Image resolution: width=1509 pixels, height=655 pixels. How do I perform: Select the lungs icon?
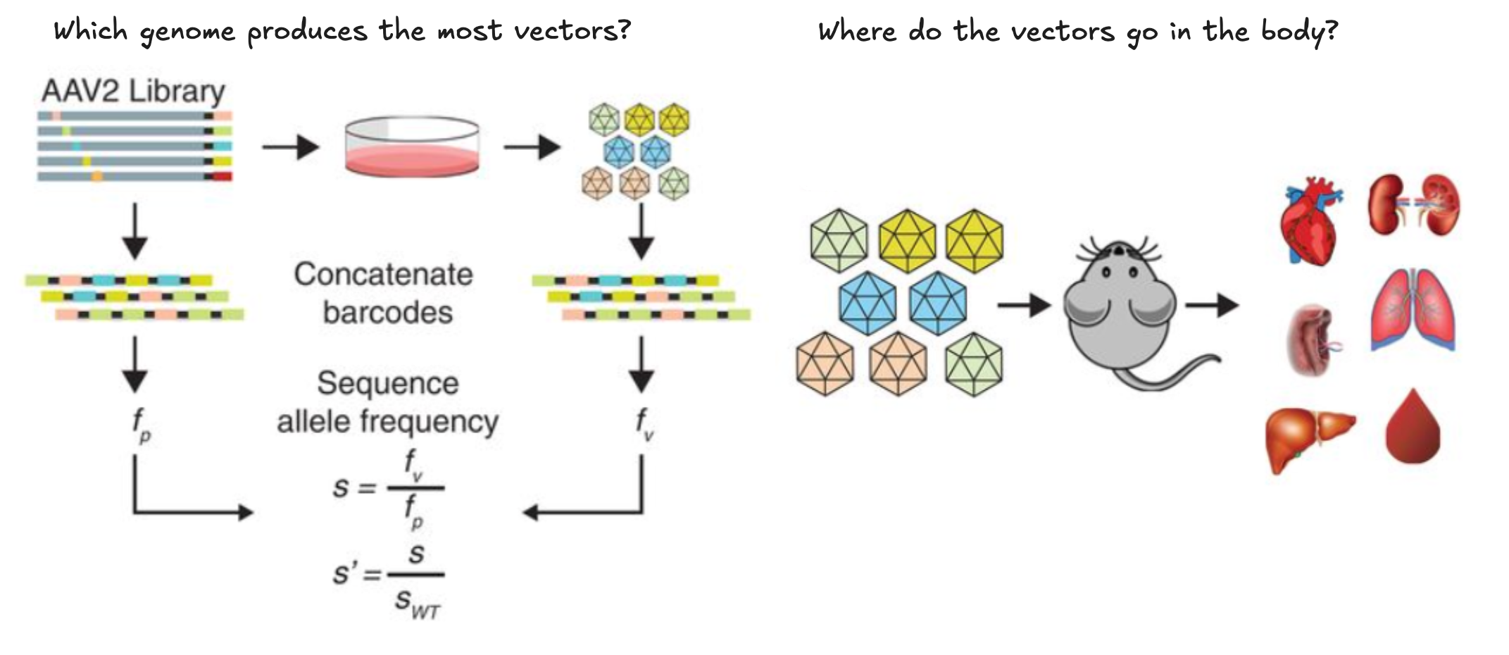(1413, 310)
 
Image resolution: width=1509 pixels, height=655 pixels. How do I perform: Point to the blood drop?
(1413, 428)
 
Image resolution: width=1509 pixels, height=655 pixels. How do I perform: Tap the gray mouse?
(1120, 310)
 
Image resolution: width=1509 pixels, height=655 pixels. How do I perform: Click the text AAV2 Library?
(133, 92)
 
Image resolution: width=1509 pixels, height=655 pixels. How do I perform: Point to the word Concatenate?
(384, 275)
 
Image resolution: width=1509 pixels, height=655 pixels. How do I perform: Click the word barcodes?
(387, 313)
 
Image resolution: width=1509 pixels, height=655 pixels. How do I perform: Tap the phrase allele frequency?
(387, 422)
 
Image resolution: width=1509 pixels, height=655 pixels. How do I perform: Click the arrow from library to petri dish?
(290, 147)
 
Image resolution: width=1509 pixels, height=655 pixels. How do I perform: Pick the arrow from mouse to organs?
(1212, 305)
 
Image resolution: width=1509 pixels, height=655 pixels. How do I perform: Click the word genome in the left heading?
(187, 32)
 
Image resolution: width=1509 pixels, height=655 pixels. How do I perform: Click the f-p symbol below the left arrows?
(141, 425)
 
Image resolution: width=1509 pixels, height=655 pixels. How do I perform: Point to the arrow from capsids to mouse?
(1024, 305)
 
